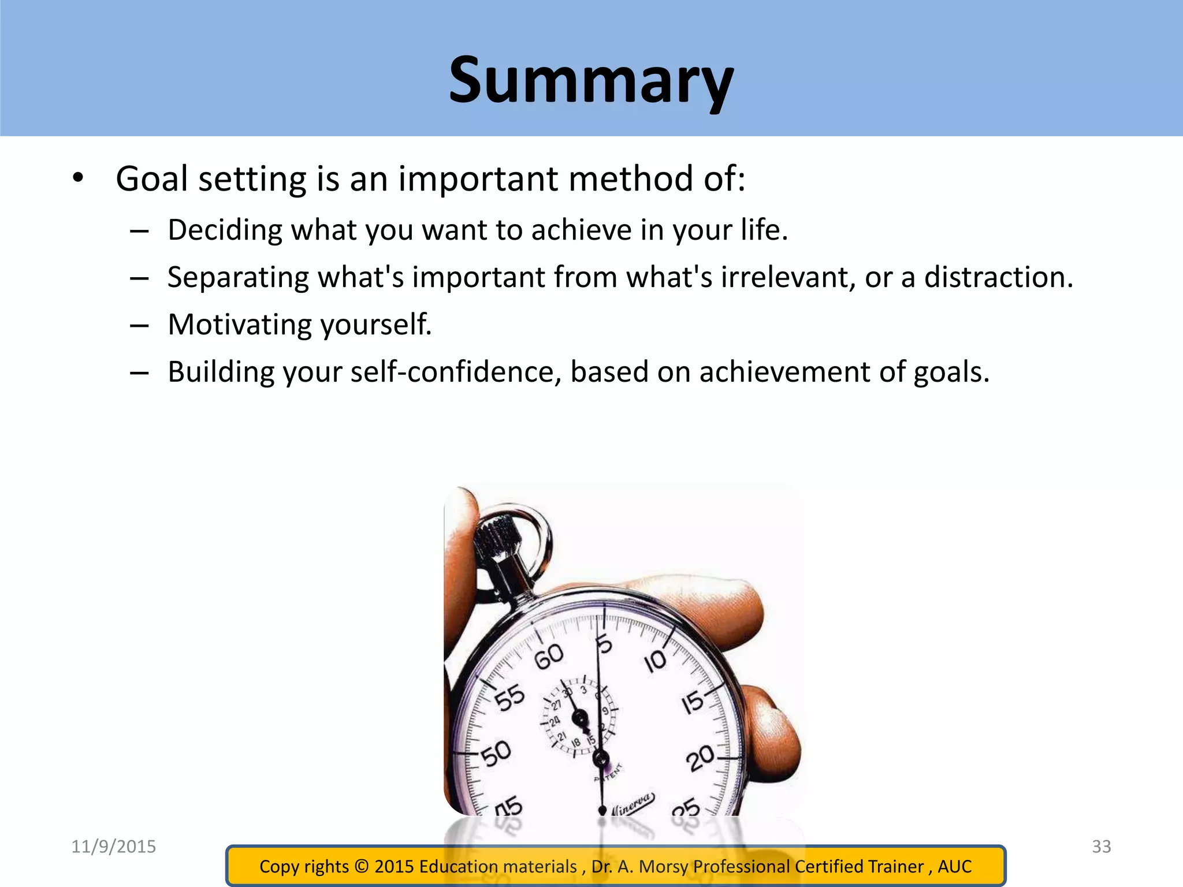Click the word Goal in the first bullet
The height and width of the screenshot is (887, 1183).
pos(151,179)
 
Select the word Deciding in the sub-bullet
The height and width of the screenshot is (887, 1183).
pos(225,230)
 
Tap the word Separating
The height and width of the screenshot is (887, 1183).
pos(238,278)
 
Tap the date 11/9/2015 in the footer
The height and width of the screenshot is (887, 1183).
pos(114,847)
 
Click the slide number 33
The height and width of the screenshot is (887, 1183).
pos(1102,847)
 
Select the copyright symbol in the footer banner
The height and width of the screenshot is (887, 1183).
pos(362,866)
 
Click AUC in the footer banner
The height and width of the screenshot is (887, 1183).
pos(954,866)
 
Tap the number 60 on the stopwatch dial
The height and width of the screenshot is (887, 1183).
pos(549,657)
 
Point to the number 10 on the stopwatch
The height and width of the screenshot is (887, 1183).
pos(655,662)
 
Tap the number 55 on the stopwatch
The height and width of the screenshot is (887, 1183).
pos(510,698)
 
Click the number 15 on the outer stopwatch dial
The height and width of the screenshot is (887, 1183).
pos(693,702)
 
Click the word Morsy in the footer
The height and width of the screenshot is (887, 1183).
pos(664,866)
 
